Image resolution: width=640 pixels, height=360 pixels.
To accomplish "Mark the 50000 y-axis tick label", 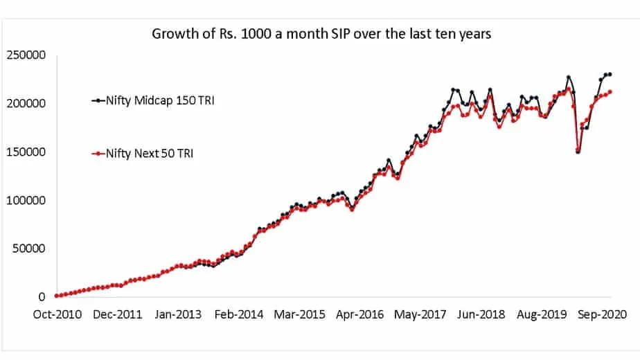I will (30, 249).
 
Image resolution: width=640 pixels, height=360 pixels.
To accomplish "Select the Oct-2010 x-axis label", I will (57, 314).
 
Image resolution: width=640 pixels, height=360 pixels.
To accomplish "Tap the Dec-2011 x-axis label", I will (118, 314).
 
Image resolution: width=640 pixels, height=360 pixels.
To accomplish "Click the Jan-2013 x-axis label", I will (178, 314).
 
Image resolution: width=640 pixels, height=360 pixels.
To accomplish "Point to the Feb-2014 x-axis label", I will (239, 314).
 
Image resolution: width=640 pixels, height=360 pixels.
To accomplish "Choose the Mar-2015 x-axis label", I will (299, 314).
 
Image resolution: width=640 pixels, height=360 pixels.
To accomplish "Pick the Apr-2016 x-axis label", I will (360, 314).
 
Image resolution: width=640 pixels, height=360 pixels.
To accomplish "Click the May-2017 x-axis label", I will (420, 314).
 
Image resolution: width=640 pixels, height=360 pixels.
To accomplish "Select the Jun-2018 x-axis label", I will (481, 314).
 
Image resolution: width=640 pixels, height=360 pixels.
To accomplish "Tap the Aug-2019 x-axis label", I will (542, 314).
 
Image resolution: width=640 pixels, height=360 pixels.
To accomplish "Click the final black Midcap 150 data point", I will (610, 74).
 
